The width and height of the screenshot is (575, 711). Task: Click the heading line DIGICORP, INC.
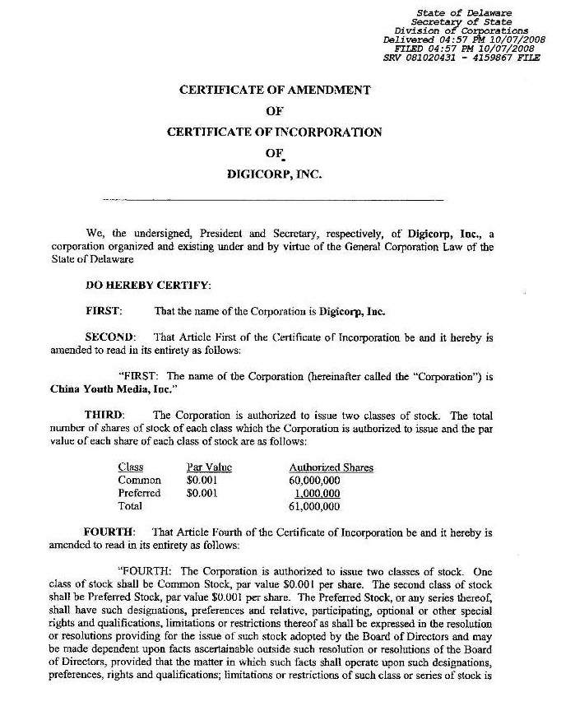click(x=274, y=174)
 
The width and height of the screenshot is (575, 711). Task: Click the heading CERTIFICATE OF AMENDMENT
click(x=274, y=91)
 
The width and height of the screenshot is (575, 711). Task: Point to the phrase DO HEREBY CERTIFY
click(x=148, y=286)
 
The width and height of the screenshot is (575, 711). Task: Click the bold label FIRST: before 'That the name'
click(x=104, y=312)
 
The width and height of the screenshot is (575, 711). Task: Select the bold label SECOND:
click(x=109, y=338)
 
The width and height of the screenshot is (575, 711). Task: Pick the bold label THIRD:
click(x=104, y=414)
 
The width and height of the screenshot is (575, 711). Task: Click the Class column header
click(x=130, y=467)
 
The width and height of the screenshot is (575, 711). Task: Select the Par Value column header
click(x=209, y=467)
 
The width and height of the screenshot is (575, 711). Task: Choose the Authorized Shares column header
click(x=331, y=467)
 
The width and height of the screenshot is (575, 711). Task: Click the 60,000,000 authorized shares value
click(x=314, y=481)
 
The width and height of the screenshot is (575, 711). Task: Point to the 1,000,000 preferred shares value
click(x=318, y=494)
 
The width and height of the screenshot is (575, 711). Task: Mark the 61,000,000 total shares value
click(x=314, y=507)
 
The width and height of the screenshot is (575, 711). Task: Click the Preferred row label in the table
click(x=139, y=494)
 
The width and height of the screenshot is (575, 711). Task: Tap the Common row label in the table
click(x=139, y=481)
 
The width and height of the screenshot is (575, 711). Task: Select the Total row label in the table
click(x=130, y=507)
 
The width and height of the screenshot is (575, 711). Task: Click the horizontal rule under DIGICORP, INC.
click(x=274, y=200)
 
